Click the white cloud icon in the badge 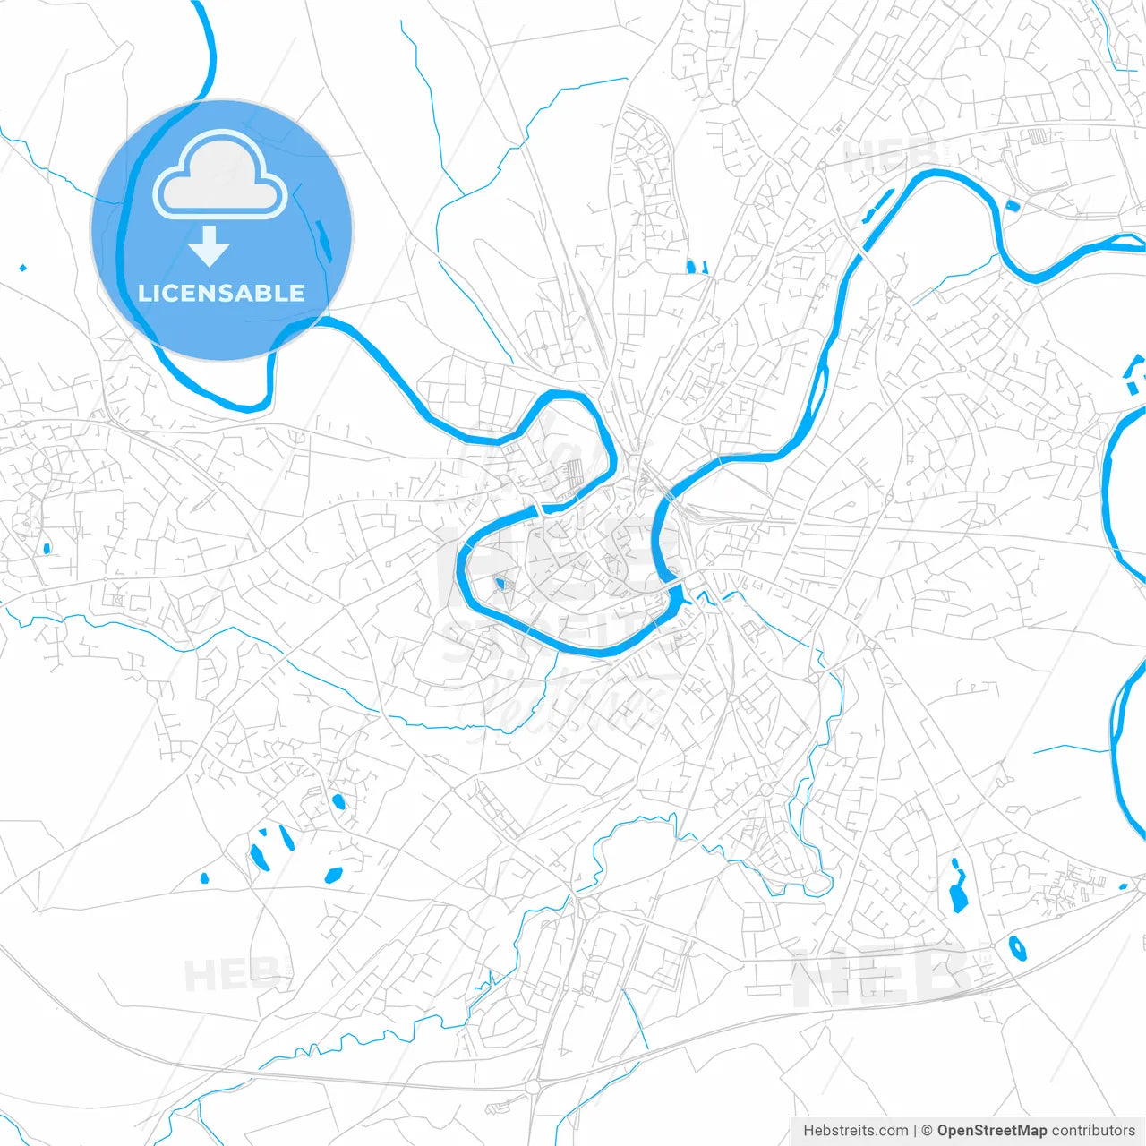pyautogui.click(x=220, y=175)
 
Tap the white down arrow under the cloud pyautogui.click(x=210, y=246)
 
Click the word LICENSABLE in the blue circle pyautogui.click(x=221, y=293)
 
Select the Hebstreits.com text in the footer pyautogui.click(x=855, y=1131)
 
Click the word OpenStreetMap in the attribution pyautogui.click(x=991, y=1131)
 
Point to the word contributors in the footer pyautogui.click(x=1092, y=1131)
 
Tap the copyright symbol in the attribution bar pyautogui.click(x=927, y=1131)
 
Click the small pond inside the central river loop pyautogui.click(x=499, y=585)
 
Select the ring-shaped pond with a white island pyautogui.click(x=1017, y=947)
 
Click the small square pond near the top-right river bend pyautogui.click(x=1013, y=206)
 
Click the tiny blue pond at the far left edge pyautogui.click(x=22, y=267)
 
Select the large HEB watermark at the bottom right pyautogui.click(x=882, y=976)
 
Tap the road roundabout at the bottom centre pyautogui.click(x=535, y=1087)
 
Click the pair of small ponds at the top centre pyautogui.click(x=696, y=266)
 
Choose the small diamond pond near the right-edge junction pyautogui.click(x=1124, y=886)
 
